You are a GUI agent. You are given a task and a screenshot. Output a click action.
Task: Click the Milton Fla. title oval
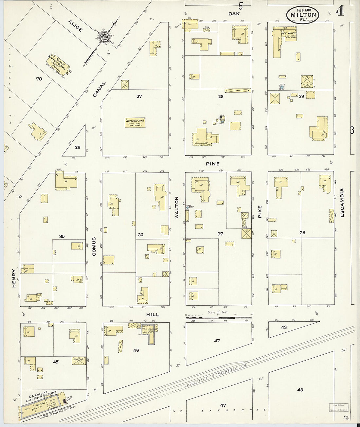point(303,14)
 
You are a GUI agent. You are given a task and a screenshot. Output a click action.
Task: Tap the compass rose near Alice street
point(104,37)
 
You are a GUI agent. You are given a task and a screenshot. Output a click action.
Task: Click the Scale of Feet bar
point(218,316)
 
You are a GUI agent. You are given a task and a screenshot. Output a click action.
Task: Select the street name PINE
point(212,163)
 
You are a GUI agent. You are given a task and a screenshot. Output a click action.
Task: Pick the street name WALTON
point(177,207)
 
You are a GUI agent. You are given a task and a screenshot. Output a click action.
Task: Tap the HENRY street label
point(14,278)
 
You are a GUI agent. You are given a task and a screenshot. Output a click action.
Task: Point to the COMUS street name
point(94,246)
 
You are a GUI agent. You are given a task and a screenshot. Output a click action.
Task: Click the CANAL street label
point(99,89)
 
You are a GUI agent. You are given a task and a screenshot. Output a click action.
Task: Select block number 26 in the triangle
point(77,147)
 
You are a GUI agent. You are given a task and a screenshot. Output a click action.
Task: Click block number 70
point(40,79)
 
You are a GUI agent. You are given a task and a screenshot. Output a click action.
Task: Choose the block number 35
point(62,236)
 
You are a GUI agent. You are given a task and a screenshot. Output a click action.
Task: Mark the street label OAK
point(234,13)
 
